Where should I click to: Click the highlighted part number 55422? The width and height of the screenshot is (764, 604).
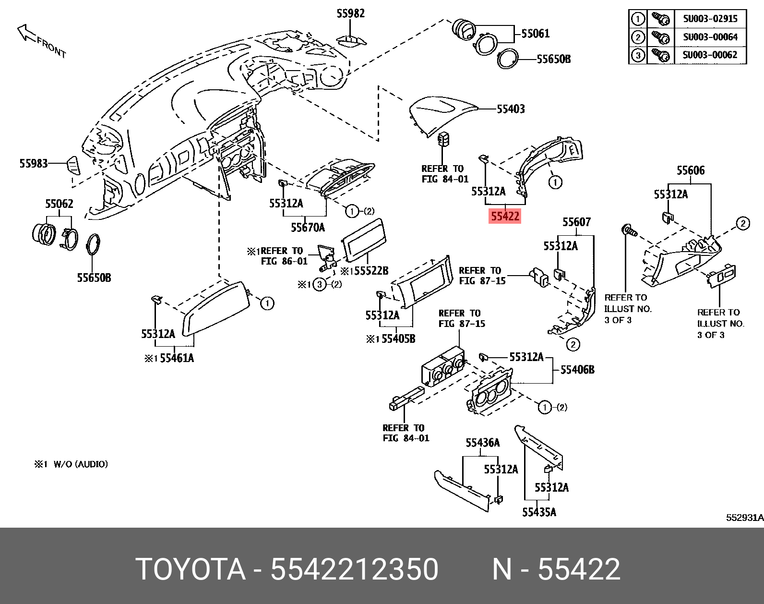tap(504, 217)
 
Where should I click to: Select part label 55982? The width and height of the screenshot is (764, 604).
tap(350, 13)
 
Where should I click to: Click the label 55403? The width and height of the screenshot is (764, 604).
tap(511, 109)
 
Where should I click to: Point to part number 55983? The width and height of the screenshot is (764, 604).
tap(34, 164)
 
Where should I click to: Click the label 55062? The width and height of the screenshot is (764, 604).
tap(59, 204)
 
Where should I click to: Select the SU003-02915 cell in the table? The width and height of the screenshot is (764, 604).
tap(710, 19)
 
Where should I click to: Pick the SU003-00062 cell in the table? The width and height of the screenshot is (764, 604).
tap(710, 55)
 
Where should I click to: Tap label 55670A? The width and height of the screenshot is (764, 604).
tap(308, 227)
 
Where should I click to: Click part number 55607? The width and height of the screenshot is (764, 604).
tap(576, 222)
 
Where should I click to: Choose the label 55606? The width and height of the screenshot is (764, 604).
tap(691, 170)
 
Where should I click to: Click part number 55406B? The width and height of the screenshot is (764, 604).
tap(577, 370)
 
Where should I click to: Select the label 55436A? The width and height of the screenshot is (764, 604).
tap(482, 443)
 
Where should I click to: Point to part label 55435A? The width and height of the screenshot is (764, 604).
tap(539, 512)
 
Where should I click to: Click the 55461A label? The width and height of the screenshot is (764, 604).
tap(177, 358)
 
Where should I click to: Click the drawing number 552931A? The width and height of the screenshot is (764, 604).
tap(744, 518)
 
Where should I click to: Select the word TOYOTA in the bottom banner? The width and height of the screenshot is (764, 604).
tap(191, 570)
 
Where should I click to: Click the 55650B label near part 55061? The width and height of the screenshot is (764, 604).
tap(553, 59)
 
